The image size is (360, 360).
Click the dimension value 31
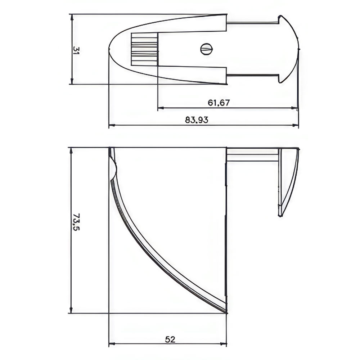[x=76, y=50]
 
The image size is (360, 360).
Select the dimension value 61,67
[x=219, y=103]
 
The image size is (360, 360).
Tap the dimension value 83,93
[x=197, y=120]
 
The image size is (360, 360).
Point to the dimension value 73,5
[x=76, y=222]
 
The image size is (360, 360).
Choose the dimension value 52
[x=170, y=339]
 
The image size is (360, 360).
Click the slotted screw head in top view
[x=207, y=49]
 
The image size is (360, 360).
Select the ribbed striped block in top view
[x=144, y=49]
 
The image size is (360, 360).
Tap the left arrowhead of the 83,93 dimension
[x=112, y=125]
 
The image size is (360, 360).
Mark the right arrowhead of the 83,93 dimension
[x=295, y=125]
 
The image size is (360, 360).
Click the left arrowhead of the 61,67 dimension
[x=161, y=108]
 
